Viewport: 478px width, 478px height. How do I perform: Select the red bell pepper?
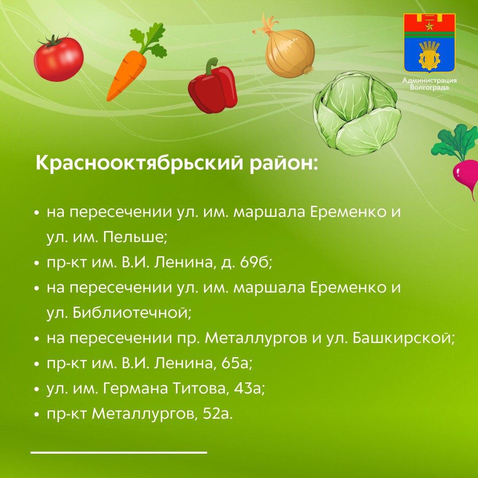[212, 86]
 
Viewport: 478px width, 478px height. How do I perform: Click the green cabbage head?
[357, 110]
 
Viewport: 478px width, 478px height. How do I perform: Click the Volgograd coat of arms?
[429, 42]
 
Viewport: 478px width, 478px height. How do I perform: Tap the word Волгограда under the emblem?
[429, 88]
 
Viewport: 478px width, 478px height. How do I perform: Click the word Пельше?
[135, 237]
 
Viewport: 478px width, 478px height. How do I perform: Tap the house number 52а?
[217, 414]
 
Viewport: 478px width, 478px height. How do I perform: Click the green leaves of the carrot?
[149, 40]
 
